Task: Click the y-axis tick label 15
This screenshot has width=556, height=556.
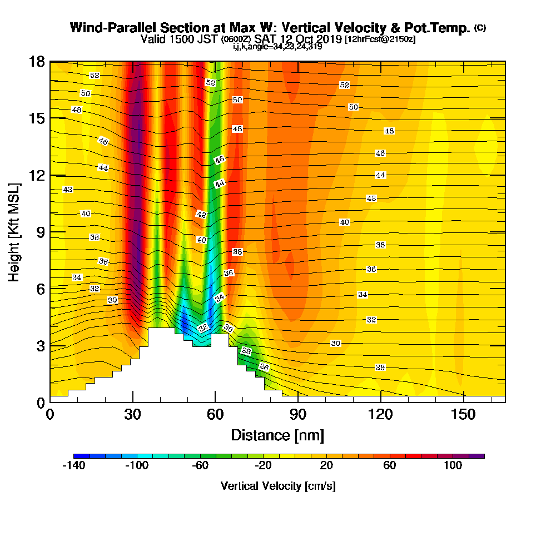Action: click(x=37, y=118)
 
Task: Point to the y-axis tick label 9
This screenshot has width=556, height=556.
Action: click(x=41, y=232)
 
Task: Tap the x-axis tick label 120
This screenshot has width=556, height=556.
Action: click(x=380, y=414)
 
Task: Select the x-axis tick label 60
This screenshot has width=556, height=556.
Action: click(x=215, y=414)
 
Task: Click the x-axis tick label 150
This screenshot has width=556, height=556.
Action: click(x=463, y=414)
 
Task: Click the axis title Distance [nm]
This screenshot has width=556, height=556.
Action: click(x=277, y=435)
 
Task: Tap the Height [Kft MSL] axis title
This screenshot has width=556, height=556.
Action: click(x=14, y=232)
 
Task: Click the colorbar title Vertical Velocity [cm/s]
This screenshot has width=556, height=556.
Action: click(x=278, y=486)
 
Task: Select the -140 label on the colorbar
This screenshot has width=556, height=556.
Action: click(x=74, y=465)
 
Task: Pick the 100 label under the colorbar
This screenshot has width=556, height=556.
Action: click(x=453, y=465)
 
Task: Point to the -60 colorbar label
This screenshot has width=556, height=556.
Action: click(x=200, y=465)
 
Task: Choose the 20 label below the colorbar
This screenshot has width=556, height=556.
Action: click(x=326, y=465)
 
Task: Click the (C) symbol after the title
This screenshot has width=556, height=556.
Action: click(x=480, y=27)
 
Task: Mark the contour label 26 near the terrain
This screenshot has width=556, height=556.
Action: click(x=264, y=367)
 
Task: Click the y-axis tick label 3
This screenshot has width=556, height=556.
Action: click(x=41, y=346)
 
